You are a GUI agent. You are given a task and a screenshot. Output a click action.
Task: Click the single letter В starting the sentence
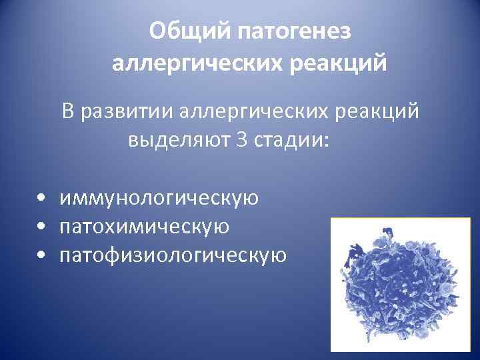(x=69, y=111)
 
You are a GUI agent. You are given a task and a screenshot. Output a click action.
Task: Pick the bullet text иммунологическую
(x=159, y=198)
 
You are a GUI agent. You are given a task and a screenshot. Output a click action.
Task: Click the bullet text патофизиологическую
(x=173, y=255)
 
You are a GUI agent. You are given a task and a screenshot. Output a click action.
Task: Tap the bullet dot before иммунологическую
(x=42, y=199)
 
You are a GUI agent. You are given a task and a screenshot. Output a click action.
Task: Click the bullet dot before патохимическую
(x=42, y=227)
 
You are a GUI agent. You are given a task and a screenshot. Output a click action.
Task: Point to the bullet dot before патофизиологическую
(x=42, y=256)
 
